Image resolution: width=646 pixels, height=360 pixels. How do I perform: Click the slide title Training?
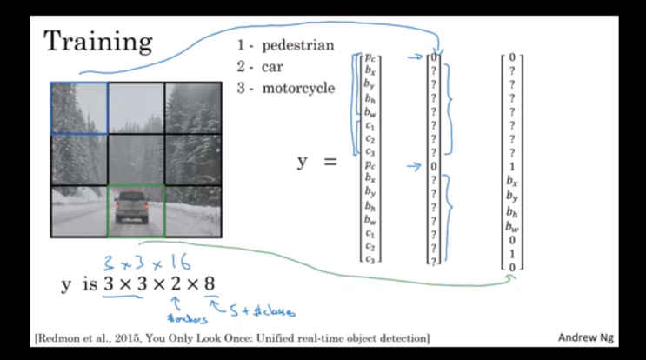(97, 41)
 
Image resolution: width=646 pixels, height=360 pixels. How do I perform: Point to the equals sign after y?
(330, 162)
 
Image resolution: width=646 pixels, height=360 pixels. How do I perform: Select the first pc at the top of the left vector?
(372, 59)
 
